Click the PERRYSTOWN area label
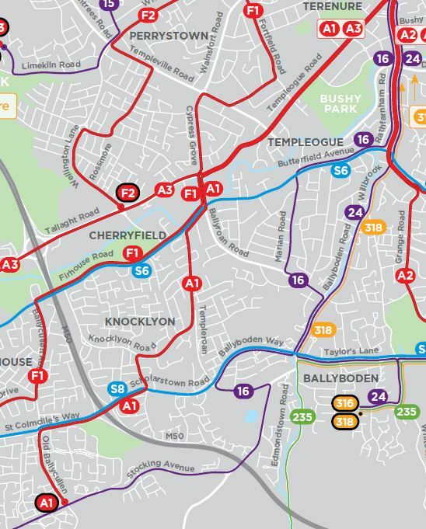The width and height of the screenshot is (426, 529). point(169,36)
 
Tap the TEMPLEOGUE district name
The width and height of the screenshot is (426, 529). point(305,142)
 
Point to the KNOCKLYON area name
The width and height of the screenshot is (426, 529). point(141,322)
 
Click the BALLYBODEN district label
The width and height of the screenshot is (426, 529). point(340,378)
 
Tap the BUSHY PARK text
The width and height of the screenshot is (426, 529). point(341,104)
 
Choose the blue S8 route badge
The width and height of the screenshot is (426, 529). point(117,389)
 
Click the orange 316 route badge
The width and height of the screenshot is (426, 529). point(345,402)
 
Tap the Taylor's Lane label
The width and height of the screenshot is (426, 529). point(351,352)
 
